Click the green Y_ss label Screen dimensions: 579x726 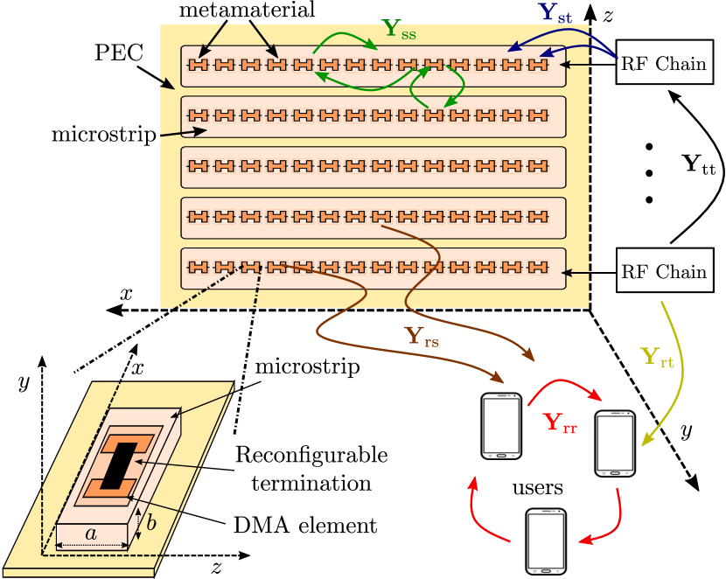[399, 29]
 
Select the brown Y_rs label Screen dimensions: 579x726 [421, 337]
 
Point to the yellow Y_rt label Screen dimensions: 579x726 [657, 357]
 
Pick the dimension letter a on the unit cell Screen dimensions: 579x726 [91, 533]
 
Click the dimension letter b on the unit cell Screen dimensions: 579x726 [150, 523]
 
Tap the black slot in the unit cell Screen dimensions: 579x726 [118, 465]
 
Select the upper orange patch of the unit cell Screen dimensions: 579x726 [128, 443]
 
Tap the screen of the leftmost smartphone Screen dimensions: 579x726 [501, 424]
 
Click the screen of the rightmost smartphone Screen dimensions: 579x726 [615, 443]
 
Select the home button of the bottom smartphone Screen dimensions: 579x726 [546, 570]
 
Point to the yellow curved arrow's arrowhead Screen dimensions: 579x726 [647, 441]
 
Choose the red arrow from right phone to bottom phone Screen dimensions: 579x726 [612, 520]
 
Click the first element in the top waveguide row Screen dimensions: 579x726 [199, 65]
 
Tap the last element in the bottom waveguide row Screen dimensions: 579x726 [538, 267]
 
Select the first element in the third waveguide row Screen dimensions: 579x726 [199, 166]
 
